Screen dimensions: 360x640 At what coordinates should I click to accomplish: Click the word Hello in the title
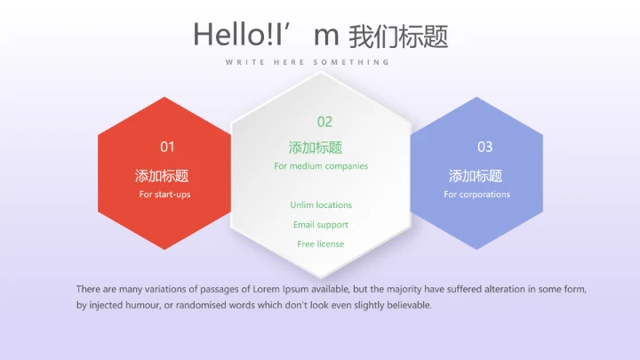click(x=223, y=35)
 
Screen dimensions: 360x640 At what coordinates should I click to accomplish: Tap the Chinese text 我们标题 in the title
click(x=398, y=36)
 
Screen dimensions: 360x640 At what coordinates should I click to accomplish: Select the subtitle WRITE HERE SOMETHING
click(x=308, y=62)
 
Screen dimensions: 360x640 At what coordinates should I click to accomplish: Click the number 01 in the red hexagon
click(x=167, y=147)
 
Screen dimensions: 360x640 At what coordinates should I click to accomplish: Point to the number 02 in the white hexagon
click(x=324, y=122)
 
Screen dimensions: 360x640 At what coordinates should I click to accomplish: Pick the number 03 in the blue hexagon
click(x=484, y=147)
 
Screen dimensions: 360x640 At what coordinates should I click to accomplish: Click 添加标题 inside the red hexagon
click(x=162, y=176)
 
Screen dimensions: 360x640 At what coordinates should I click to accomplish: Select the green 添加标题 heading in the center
click(x=316, y=148)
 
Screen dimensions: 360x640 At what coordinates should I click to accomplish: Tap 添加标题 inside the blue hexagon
click(x=476, y=176)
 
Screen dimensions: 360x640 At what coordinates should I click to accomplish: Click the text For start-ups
click(x=164, y=194)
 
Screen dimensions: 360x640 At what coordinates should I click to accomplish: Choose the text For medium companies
click(x=321, y=166)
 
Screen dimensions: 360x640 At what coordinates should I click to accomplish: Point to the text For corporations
click(x=477, y=194)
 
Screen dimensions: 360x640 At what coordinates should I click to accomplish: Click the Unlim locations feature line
click(x=321, y=205)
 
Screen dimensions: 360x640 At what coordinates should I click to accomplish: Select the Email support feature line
click(x=321, y=225)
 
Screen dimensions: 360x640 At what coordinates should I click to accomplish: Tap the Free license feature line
click(x=321, y=244)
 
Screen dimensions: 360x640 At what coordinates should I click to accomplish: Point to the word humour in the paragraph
click(x=140, y=306)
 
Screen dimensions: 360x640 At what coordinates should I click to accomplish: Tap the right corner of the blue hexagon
click(x=542, y=173)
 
